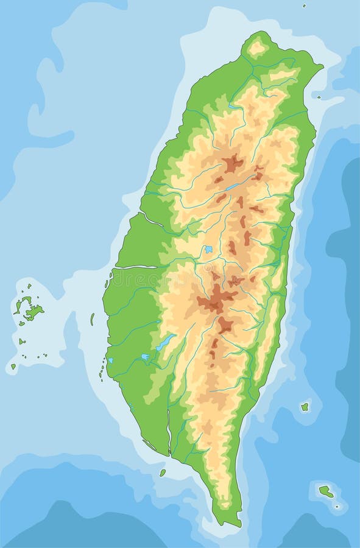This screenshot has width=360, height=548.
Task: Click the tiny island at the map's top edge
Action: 304,5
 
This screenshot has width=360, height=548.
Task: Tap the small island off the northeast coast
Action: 319,96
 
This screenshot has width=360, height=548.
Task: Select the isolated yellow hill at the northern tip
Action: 257,47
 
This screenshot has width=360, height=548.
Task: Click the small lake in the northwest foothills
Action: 233,107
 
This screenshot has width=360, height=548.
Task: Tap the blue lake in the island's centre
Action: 208,249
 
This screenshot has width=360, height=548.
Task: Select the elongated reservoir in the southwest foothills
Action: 164,342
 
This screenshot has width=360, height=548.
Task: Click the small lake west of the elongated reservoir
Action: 144,357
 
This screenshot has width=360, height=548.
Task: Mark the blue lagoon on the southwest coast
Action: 111,360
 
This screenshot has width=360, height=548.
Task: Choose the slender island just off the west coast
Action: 93,318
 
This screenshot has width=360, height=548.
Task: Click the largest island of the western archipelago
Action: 34,312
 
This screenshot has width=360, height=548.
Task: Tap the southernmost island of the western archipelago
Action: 13,366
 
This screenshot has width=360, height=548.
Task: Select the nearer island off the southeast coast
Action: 305,406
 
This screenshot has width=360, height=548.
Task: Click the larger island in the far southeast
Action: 326,490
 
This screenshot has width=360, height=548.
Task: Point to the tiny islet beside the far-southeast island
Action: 337,506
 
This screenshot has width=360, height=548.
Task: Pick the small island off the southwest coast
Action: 163,472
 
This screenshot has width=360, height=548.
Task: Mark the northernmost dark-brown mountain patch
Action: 232,163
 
